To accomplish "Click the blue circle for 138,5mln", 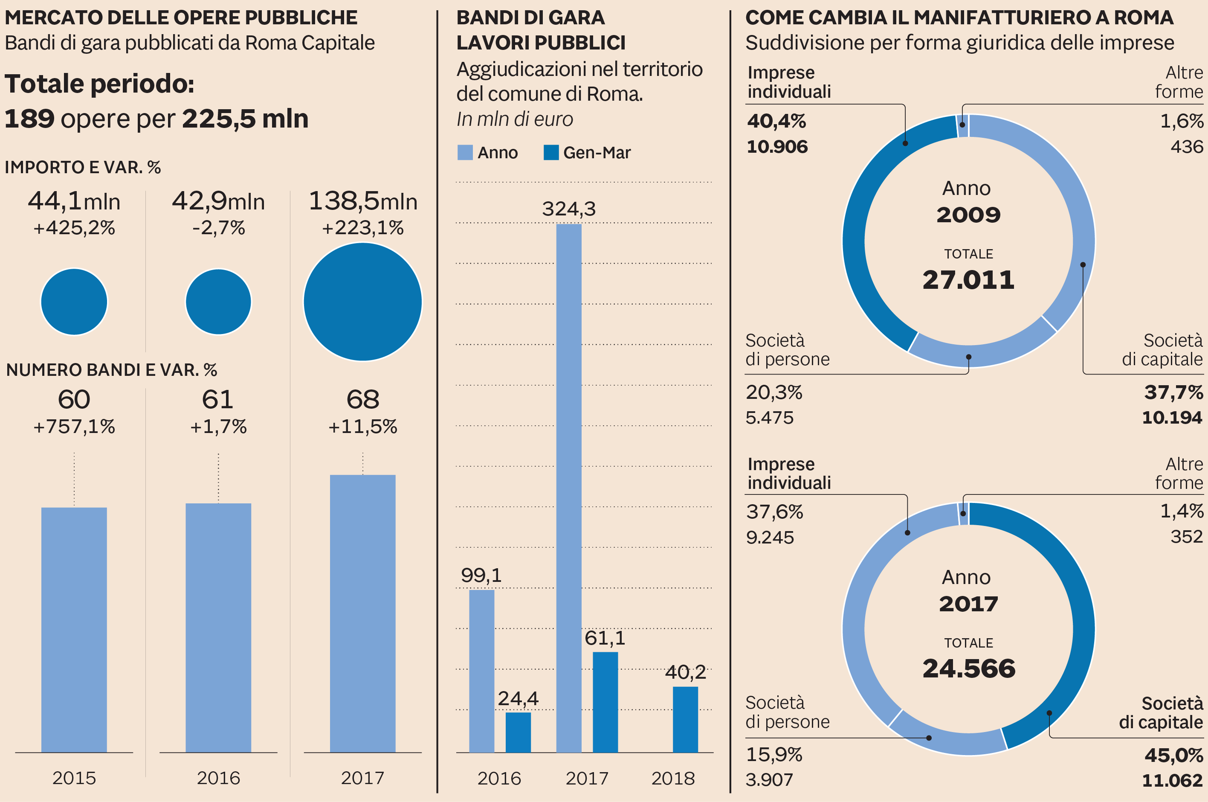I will pyautogui.click(x=362, y=302).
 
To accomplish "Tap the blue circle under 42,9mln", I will pyautogui.click(x=218, y=302).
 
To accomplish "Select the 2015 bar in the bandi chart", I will pyautogui.click(x=74, y=629).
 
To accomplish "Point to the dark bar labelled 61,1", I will pyautogui.click(x=605, y=702).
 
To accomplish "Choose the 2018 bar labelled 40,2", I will pyautogui.click(x=685, y=719).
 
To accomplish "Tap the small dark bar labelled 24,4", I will pyautogui.click(x=518, y=732).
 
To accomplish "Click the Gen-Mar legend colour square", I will pyautogui.click(x=550, y=152).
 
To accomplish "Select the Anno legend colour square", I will pyautogui.click(x=465, y=152).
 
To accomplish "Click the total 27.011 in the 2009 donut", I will pyautogui.click(x=968, y=280).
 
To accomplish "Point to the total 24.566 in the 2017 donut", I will pyautogui.click(x=969, y=668).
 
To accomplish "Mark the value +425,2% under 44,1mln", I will pyautogui.click(x=74, y=228).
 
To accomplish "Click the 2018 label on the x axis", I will pyautogui.click(x=673, y=778).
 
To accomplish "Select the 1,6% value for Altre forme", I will pyautogui.click(x=1182, y=121).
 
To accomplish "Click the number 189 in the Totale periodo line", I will pyautogui.click(x=29, y=119).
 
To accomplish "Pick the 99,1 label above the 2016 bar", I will pyautogui.click(x=481, y=575).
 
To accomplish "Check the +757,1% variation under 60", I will pyautogui.click(x=74, y=427).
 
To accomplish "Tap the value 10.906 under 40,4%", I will pyautogui.click(x=777, y=147).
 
